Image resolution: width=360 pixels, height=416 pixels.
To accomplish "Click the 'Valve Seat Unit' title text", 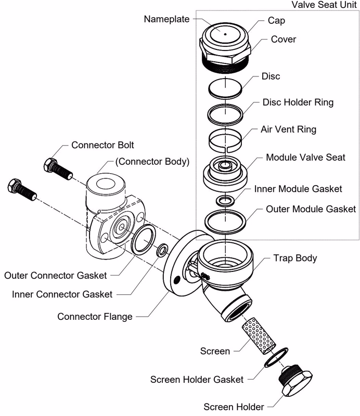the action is click(324, 5).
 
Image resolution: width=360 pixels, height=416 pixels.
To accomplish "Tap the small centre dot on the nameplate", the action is click(225, 34).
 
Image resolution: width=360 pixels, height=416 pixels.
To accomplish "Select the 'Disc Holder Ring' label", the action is click(298, 102).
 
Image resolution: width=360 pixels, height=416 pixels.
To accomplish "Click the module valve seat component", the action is click(225, 173).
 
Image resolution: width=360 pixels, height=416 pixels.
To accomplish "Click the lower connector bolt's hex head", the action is click(15, 186).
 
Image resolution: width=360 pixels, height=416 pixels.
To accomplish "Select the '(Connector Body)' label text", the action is click(152, 162).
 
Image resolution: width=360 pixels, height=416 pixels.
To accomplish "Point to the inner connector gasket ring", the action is click(159, 250).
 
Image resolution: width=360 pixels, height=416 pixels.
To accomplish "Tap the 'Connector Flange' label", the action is click(95, 317).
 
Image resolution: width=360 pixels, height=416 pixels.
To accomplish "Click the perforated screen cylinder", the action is click(259, 335).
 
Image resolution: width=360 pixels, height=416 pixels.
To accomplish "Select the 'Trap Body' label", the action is click(295, 258).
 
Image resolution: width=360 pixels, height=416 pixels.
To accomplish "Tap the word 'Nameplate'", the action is click(166, 19).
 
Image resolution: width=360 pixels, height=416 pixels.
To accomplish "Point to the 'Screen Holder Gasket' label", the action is click(197, 380).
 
